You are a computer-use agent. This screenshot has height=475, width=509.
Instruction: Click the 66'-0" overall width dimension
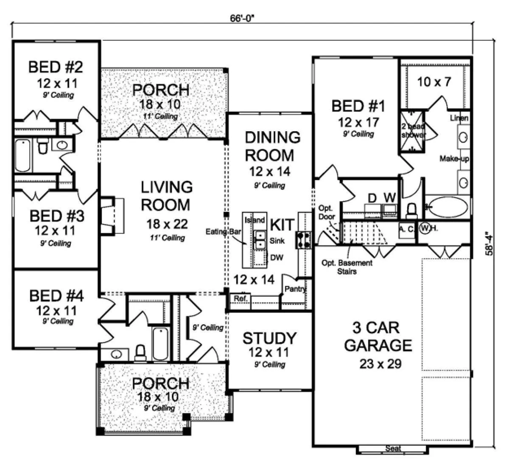(242, 18)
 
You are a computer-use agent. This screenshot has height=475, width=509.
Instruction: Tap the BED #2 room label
(56, 67)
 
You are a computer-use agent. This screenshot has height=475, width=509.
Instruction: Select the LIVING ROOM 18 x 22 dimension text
(167, 224)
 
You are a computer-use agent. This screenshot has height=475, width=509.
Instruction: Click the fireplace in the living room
(112, 216)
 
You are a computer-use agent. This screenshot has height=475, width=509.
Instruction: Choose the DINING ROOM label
(272, 146)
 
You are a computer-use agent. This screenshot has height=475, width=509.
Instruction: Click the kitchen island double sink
(260, 240)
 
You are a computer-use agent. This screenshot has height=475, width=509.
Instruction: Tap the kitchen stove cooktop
(304, 240)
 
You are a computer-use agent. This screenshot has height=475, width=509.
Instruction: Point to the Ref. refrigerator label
(240, 299)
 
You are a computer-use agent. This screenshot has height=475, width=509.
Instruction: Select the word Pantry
(295, 289)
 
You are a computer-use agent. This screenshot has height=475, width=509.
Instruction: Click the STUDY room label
(269, 338)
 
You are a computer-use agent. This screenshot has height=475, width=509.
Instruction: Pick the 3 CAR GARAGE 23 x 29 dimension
(380, 364)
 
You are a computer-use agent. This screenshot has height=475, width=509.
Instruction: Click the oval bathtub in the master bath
(448, 207)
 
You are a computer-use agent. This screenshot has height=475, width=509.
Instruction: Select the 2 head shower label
(413, 131)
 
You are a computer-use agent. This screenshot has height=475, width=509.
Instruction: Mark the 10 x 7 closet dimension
(434, 82)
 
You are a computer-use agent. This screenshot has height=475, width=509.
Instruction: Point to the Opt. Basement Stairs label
(347, 267)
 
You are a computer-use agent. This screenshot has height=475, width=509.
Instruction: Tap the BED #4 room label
(56, 296)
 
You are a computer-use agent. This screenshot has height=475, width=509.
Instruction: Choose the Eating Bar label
(223, 232)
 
